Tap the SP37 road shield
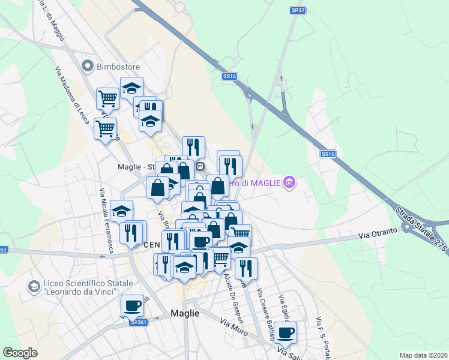[297, 10]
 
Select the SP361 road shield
[139, 322]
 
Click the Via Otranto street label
[379, 233]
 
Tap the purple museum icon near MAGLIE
[290, 182]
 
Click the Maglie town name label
[185, 313]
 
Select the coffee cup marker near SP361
[132, 305]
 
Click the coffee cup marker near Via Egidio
[286, 331]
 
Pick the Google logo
[19, 353]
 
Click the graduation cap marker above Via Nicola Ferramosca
[122, 210]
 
